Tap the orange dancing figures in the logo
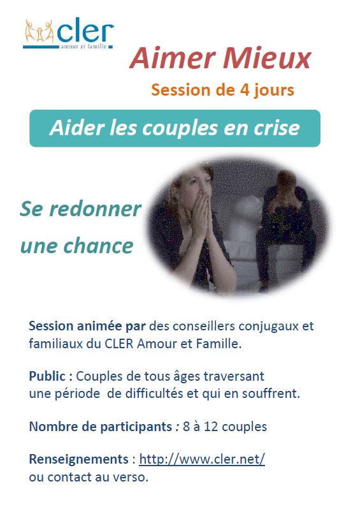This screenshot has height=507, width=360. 39,31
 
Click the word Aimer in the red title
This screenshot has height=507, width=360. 172,58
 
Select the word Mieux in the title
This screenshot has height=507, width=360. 267,58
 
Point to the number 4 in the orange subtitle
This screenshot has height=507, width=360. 245,90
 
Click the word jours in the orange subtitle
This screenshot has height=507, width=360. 274,91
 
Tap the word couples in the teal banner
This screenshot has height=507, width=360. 180,129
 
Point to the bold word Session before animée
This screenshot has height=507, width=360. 51,326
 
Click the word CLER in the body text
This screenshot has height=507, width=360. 119,343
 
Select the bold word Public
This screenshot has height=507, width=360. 48,376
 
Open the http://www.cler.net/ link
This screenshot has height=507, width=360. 202,459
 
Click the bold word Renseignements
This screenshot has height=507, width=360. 79,459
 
